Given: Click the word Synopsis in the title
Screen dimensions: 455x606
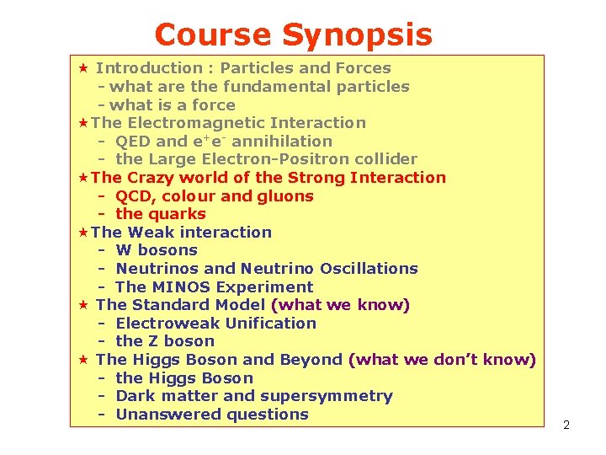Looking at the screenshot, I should (x=357, y=35).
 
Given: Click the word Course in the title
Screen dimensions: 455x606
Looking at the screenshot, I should (x=214, y=35).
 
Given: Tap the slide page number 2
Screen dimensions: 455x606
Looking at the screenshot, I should (x=566, y=425).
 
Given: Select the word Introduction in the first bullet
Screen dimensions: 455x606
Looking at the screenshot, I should (x=149, y=68).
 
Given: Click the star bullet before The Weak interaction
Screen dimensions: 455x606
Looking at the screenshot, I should (x=82, y=233).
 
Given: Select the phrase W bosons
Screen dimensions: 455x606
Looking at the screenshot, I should (x=157, y=250).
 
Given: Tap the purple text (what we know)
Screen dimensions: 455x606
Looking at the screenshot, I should (x=340, y=305).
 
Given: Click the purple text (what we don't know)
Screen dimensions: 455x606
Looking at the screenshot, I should (x=442, y=360).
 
